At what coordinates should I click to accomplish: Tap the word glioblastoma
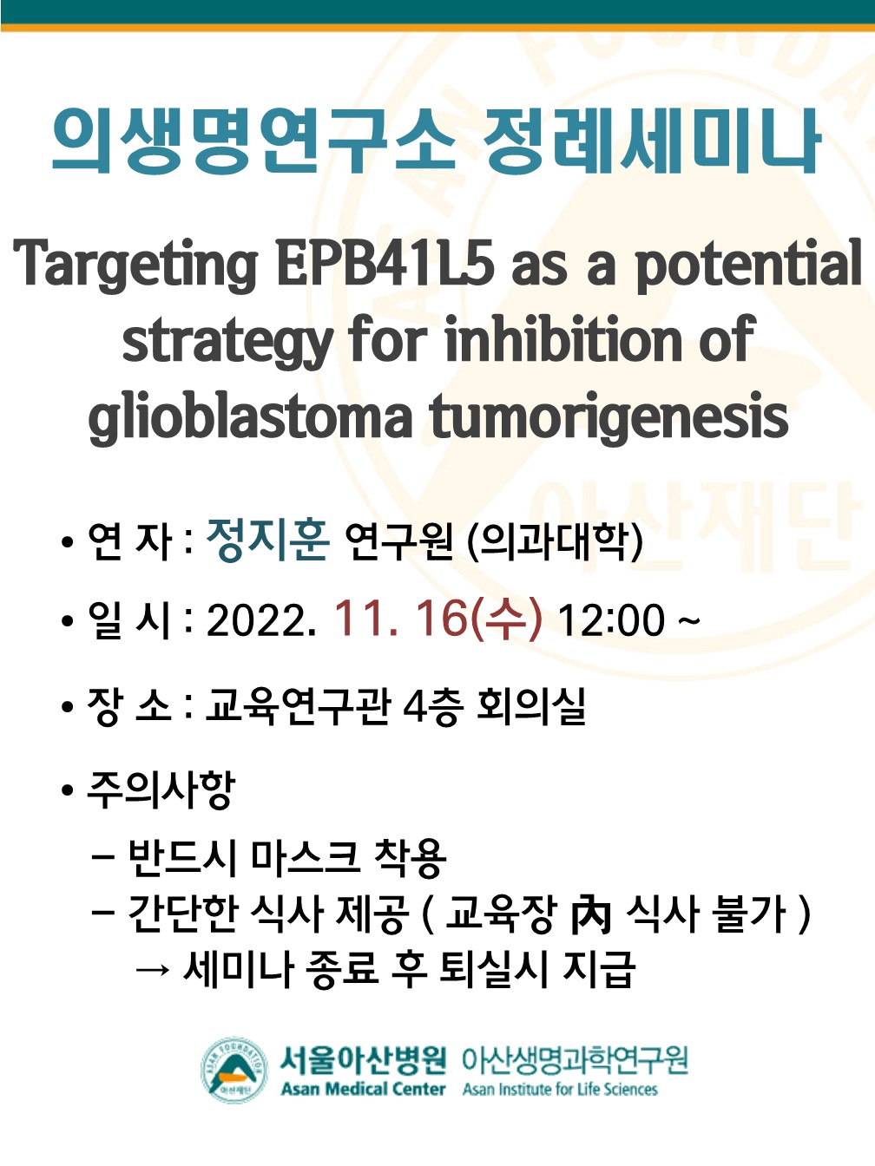click(250, 416)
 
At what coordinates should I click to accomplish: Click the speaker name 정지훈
click(267, 539)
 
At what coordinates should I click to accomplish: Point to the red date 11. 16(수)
click(439, 618)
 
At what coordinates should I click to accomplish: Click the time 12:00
click(612, 619)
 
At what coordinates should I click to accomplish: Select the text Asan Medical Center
click(363, 1084)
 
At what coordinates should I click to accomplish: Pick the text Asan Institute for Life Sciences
click(560, 1084)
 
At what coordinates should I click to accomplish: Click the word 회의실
click(531, 705)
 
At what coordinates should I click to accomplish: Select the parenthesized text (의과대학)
click(555, 540)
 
